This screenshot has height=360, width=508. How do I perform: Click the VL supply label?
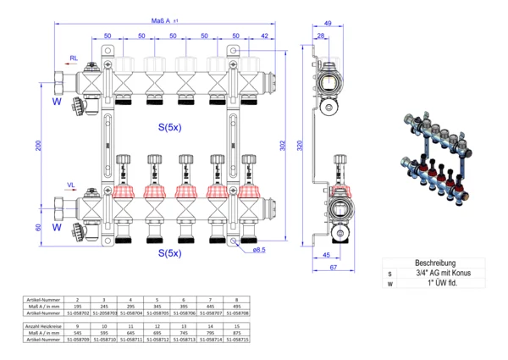pyautogui.click(x=74, y=186)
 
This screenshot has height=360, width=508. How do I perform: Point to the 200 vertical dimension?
pyautogui.click(x=38, y=147)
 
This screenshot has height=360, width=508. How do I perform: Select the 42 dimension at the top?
pyautogui.click(x=265, y=36)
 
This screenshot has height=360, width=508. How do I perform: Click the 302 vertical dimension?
pyautogui.click(x=283, y=147)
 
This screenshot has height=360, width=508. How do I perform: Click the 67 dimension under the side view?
pyautogui.click(x=334, y=268)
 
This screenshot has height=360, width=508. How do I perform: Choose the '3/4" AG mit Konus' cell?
pyautogui.click(x=437, y=274)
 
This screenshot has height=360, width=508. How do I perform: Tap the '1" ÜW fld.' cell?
pyautogui.click(x=437, y=284)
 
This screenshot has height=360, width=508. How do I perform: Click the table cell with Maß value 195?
pyautogui.click(x=78, y=307)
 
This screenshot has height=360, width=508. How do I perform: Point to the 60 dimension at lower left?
pyautogui.click(x=38, y=228)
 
